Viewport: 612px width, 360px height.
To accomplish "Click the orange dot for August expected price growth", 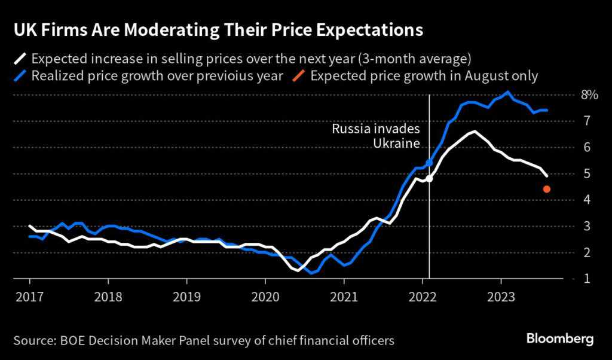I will click(546, 190).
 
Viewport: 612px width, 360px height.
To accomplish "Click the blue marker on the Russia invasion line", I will click(429, 163).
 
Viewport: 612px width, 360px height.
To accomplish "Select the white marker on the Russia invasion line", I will click(429, 178).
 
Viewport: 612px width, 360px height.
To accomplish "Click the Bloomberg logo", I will click(560, 339).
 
